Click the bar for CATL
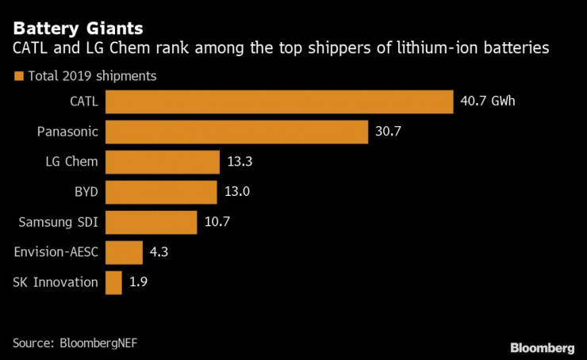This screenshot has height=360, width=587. (279, 101)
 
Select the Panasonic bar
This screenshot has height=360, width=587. (236, 132)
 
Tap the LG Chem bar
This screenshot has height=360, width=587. (162, 162)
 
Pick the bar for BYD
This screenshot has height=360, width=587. (161, 192)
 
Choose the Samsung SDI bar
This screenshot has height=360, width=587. (151, 222)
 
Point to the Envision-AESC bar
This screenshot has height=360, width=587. (124, 252)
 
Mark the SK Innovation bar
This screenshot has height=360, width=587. (113, 282)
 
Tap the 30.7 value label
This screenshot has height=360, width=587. (388, 132)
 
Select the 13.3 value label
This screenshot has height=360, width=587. (240, 162)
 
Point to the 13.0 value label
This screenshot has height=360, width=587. (237, 192)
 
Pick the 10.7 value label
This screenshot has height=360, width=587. (217, 222)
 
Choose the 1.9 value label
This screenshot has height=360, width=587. (140, 282)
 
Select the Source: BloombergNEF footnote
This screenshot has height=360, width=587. (81, 343)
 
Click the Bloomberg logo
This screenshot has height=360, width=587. (542, 347)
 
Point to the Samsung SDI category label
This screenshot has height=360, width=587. (56, 222)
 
